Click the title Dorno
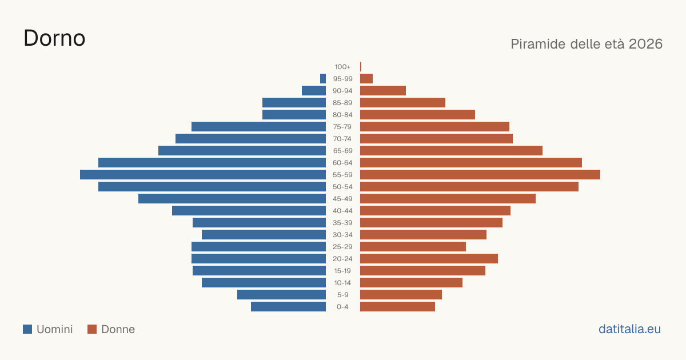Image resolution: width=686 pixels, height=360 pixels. pos(54,38)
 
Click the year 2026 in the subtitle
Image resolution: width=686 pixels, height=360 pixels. pos(645,44)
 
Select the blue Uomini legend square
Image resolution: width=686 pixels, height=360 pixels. pos(27,329)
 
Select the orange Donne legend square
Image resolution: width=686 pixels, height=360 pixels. pos(92,329)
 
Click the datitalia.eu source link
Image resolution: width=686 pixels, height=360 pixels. pos(629,329)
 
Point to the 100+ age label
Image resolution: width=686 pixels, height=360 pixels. pos(342,67)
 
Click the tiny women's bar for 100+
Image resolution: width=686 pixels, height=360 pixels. pos(361,66)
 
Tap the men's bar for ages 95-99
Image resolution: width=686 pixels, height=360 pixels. pos(323,79)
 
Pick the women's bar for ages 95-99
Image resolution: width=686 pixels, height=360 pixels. pos(366,79)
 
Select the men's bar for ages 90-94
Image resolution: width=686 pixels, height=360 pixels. pos(314,91)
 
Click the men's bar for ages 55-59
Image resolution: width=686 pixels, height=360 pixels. pos(203,174)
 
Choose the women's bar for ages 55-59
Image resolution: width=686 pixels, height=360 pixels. pos(480,174)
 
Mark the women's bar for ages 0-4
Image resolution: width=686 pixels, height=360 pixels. pos(397,307)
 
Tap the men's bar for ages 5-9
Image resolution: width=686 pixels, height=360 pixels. pos(281,294)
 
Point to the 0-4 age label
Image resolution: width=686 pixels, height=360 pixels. pos(342,307)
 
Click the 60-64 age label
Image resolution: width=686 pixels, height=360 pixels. pos(342,163)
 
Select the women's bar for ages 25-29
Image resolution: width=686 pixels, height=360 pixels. pos(413,247)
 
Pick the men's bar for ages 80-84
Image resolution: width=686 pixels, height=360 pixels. pos(294,114)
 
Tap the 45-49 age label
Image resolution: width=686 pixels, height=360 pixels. pos(342,199)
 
